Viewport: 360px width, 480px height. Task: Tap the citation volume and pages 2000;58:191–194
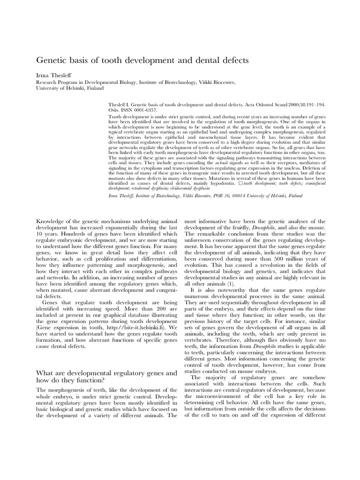coord(299,105)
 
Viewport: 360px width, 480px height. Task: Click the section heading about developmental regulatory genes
coord(106,377)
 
